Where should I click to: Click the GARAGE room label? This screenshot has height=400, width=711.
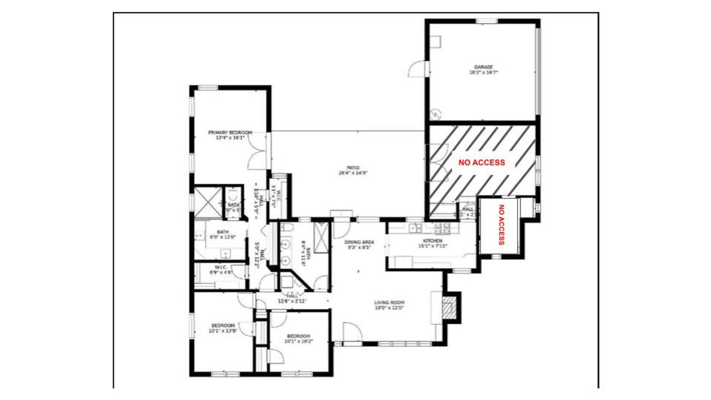pos(483,67)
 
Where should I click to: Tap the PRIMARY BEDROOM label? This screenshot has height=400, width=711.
pos(230,133)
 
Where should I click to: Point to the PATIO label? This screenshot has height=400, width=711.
pos(353,167)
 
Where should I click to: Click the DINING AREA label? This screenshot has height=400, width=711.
pos(359,242)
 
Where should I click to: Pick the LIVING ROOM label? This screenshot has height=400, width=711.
pos(389,303)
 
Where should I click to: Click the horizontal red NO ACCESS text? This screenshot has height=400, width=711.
pos(481,163)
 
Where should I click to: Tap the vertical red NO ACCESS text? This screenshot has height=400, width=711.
pos(501,225)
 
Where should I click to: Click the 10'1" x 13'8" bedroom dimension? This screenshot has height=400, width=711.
pos(223,331)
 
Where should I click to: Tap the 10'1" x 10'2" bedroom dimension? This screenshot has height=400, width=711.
pos(298,342)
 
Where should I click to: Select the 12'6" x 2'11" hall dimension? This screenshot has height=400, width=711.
pos(292,301)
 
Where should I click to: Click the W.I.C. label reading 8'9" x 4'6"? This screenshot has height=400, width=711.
pos(221,272)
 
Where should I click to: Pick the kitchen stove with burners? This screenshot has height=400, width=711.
pos(443,228)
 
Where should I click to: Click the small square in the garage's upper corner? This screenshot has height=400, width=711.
pos(436,42)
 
